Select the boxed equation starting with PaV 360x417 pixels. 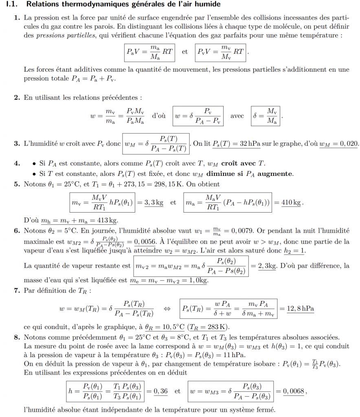click(149, 52)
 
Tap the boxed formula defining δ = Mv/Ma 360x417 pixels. click(265, 116)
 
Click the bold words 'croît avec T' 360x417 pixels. click(243, 164)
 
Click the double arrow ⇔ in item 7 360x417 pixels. click(167, 309)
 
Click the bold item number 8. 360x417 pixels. click(16, 337)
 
